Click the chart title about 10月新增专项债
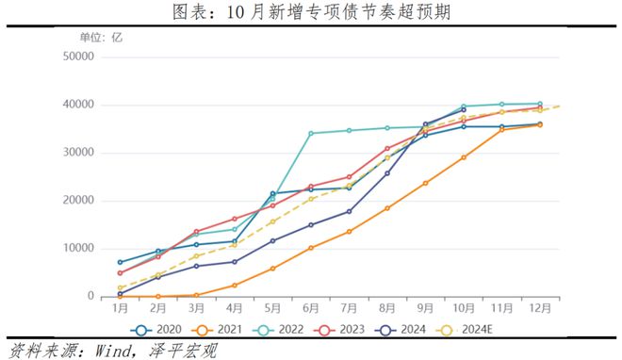coord(311,11)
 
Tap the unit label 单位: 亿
coord(101,38)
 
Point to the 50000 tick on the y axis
coord(78,57)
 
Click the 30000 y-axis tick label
coord(78,153)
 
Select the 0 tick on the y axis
coord(90,296)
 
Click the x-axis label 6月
coord(311,308)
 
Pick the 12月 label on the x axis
coord(540,308)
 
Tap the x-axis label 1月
coord(121,308)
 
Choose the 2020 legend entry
coord(155,330)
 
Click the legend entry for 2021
coord(217,330)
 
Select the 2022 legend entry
coord(278,330)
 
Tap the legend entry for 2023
coord(338,330)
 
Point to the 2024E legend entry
coord(464,330)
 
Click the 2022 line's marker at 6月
coord(311,133)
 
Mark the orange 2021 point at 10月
coord(464,157)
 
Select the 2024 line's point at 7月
coord(349,212)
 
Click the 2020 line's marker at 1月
coord(121,262)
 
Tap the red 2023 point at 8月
coord(387,148)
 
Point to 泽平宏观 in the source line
coord(183,351)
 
